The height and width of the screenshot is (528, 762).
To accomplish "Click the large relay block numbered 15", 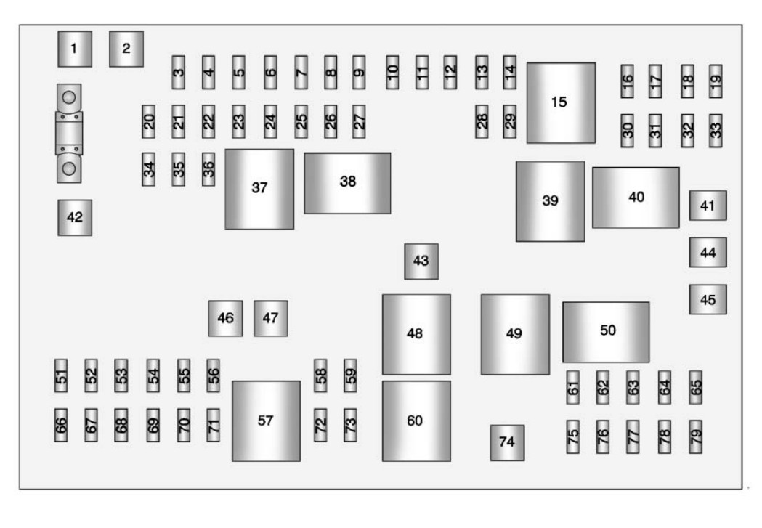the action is coord(561,103).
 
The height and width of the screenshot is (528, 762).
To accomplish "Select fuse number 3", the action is coord(179,73).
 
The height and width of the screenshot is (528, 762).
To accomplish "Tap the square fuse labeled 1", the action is coord(75,49).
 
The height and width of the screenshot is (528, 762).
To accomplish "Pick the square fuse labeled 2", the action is coord(126,49).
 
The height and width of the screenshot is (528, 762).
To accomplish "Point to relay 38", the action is coord(347,183).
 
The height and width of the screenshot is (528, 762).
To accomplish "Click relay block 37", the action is coord(259,189).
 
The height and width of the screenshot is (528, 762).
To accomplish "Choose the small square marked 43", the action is coord(421,261).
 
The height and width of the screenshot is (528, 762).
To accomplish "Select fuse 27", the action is coord(359,121).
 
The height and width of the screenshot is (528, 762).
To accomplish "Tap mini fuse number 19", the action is coord(716,81).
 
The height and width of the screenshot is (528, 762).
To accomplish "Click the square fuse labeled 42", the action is coord(75,218).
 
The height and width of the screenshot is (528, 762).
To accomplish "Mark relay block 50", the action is coord(606,332).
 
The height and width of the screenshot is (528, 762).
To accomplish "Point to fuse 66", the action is coord(61,425).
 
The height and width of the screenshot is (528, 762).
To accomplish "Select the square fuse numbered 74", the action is coord(507,442).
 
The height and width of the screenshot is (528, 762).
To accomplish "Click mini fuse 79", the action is coord(695,436).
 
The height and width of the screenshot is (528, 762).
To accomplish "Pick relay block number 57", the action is coord(267,421).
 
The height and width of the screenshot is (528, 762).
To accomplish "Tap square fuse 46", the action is coord(225,318).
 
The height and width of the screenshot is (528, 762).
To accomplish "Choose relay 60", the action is coord(416,421).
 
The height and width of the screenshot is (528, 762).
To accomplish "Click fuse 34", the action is coord(149,169).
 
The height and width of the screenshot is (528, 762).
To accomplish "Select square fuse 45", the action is coord(708,300).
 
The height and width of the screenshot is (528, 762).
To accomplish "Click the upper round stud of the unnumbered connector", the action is coord(69,97).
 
